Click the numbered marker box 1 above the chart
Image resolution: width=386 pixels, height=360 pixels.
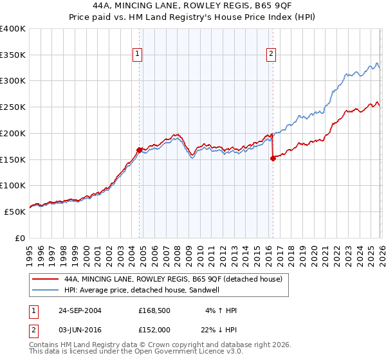pyautogui.click(x=138, y=55)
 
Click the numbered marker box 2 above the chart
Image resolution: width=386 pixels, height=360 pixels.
pyautogui.click(x=271, y=55)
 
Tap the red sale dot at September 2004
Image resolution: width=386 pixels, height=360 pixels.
pyautogui.click(x=139, y=150)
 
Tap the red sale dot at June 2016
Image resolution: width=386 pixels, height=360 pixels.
pyautogui.click(x=273, y=159)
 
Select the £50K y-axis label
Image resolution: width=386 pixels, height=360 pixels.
pyautogui.click(x=14, y=212)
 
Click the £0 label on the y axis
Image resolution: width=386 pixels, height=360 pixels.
pyautogui.click(x=21, y=238)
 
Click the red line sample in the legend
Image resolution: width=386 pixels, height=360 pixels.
pyautogui.click(x=45, y=279)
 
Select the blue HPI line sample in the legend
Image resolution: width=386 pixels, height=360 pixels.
pyautogui.click(x=45, y=291)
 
